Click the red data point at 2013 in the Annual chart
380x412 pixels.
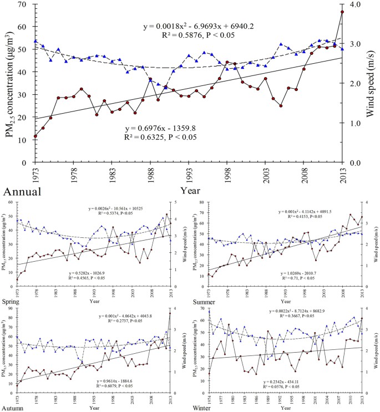coord(342,12)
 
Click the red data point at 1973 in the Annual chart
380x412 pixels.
coord(36,136)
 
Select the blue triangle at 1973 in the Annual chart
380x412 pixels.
coord(36,41)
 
